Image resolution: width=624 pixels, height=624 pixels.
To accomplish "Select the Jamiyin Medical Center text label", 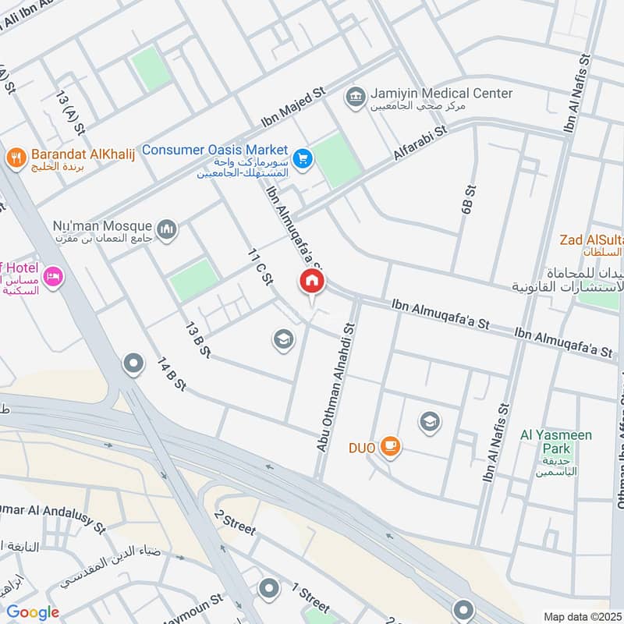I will [441, 94].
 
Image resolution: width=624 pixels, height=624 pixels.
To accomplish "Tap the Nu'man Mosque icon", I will [166, 229].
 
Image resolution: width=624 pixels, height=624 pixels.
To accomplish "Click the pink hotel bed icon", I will [53, 277].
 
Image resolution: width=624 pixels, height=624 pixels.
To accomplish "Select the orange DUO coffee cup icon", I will [391, 447].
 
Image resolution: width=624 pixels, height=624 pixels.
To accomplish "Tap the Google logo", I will [33, 612].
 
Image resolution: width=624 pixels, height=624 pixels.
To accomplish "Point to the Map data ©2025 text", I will [580, 616].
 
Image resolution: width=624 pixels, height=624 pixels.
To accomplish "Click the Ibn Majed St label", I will [293, 108].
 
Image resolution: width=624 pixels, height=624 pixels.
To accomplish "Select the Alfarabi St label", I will [421, 144].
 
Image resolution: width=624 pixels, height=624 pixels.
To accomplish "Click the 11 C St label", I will [259, 267].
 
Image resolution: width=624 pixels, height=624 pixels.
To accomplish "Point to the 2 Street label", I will [235, 523].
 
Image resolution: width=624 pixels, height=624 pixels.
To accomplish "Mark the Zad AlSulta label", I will [591, 240].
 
